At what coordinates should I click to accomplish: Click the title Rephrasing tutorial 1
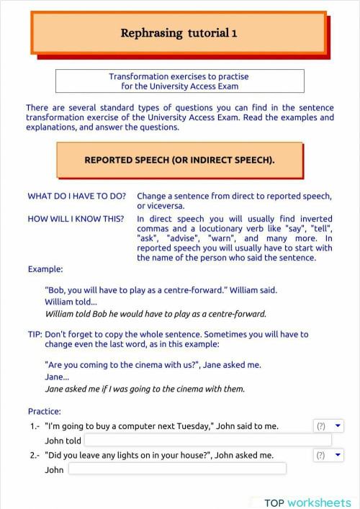pyautogui.click(x=179, y=33)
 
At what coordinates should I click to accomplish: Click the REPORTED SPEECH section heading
pyautogui.click(x=179, y=160)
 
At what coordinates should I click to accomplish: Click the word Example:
pyautogui.click(x=45, y=269)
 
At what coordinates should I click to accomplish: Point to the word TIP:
pyautogui.click(x=35, y=335)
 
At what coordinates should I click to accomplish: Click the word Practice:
pyautogui.click(x=44, y=412)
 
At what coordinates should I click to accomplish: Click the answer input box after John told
pyautogui.click(x=207, y=440)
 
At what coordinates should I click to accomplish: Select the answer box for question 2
pyautogui.click(x=177, y=469)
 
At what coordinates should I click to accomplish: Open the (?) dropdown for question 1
pyautogui.click(x=329, y=426)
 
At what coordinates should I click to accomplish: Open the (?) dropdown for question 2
pyautogui.click(x=329, y=455)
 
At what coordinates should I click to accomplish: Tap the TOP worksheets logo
pyautogui.click(x=307, y=503)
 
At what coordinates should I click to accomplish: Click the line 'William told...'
pyautogui.click(x=71, y=302)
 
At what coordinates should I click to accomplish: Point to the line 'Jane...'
pyautogui.click(x=57, y=377)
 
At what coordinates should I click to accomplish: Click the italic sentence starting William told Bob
pyautogui.click(x=156, y=314)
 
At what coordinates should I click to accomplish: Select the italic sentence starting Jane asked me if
pyautogui.click(x=145, y=389)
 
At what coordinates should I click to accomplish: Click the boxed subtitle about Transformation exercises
pyautogui.click(x=179, y=81)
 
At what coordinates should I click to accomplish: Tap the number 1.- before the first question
pyautogui.click(x=35, y=427)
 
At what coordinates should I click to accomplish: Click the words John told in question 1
pyautogui.click(x=63, y=441)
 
